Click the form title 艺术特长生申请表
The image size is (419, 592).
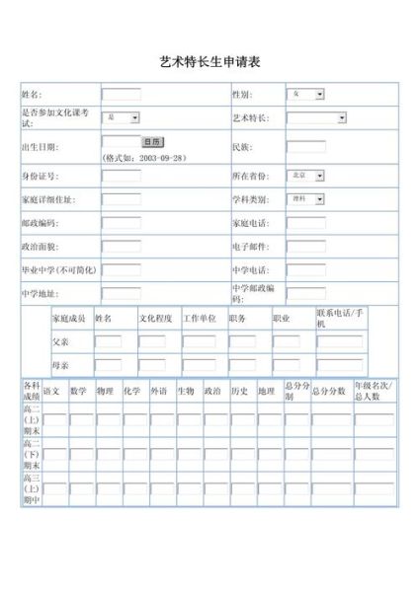pyautogui.click(x=209, y=62)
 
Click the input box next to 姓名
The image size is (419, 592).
pyautogui.click(x=121, y=95)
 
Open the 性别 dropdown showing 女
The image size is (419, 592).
pyautogui.click(x=306, y=95)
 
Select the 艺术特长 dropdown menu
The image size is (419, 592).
pyautogui.click(x=316, y=118)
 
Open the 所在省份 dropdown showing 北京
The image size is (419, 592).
pyautogui.click(x=306, y=175)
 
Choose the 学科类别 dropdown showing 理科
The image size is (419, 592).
pyautogui.click(x=306, y=198)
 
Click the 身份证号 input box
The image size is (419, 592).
pyautogui.click(x=121, y=175)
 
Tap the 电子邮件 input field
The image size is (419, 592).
pyautogui.click(x=305, y=245)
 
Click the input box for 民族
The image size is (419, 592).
pyautogui.click(x=305, y=146)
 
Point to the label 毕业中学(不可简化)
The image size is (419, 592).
pyautogui.click(x=58, y=268)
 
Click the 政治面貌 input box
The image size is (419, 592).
pyautogui.click(x=121, y=245)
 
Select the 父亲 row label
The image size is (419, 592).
pyautogui.click(x=61, y=341)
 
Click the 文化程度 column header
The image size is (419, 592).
pyautogui.click(x=155, y=319)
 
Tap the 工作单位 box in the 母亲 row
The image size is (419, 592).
pyautogui.click(x=197, y=365)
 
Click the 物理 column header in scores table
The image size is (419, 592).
pyautogui.click(x=105, y=391)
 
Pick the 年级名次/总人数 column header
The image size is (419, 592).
pyautogui.click(x=374, y=391)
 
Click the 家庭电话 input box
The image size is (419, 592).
pyautogui.click(x=305, y=222)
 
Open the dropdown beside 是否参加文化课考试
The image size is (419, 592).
pyautogui.click(x=123, y=118)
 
